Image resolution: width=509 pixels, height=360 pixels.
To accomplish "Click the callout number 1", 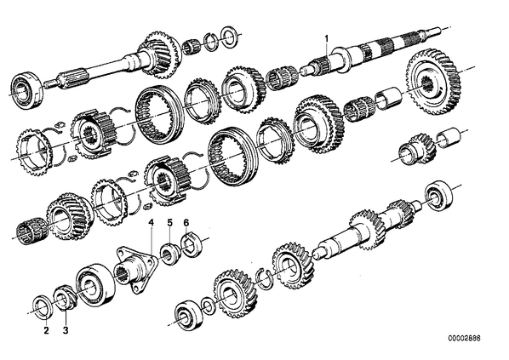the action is point(327,38).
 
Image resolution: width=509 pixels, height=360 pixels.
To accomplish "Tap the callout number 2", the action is point(47,331).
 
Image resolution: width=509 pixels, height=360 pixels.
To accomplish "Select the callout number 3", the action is point(66,331).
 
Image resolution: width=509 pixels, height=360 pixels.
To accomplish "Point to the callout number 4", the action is point(151,223).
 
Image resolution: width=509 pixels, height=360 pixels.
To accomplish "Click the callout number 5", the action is point(170,223).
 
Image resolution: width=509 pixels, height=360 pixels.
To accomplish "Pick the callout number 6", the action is point(186,223).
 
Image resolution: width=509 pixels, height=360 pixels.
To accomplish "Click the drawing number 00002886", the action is point(464,338).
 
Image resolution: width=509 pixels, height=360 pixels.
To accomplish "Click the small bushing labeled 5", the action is point(169,254).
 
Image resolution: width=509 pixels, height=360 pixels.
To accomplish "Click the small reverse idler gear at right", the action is point(415,149).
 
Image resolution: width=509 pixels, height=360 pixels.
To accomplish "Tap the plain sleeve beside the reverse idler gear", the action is point(449,137).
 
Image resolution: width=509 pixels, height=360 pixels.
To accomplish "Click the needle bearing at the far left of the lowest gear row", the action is point(32,231).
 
